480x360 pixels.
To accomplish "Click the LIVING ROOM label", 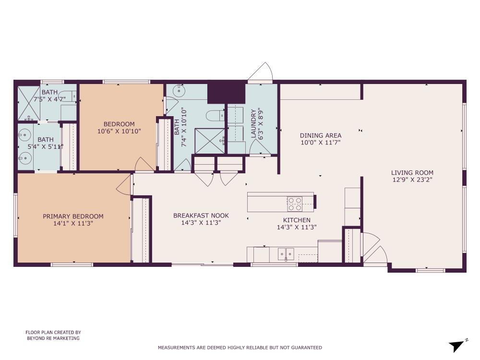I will click(x=412, y=173).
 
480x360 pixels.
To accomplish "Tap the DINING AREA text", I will click(x=321, y=135).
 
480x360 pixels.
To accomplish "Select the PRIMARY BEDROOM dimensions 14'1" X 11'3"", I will click(x=73, y=223).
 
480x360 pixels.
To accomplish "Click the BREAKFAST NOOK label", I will click(x=201, y=216).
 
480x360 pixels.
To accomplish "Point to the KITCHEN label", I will click(x=297, y=220).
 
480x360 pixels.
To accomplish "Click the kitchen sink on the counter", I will click(x=287, y=253).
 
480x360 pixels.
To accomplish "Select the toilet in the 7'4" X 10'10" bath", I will click(x=214, y=115).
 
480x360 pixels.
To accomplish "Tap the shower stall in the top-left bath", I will click(x=28, y=103).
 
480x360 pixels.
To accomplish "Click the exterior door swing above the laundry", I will click(x=261, y=72).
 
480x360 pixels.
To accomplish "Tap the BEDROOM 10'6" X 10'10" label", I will click(x=119, y=127).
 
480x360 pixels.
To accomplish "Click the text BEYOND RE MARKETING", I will click(x=53, y=338).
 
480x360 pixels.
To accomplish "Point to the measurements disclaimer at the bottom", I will click(x=240, y=348).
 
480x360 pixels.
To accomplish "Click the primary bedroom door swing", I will click(x=125, y=184).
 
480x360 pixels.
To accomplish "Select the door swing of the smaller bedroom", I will click(x=144, y=165).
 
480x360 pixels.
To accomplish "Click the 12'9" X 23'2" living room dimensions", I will click(x=412, y=180).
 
